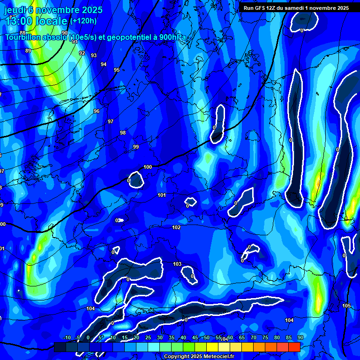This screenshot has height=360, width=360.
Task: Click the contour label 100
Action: point(148,167)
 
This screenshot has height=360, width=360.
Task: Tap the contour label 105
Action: point(346,306)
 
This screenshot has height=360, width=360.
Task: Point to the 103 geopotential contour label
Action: point(177,264)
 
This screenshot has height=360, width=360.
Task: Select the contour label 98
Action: point(123,133)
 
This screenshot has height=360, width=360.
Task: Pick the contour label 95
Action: point(117,70)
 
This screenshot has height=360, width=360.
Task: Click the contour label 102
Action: point(176,227)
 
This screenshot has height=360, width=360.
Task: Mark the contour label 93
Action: point(94,55)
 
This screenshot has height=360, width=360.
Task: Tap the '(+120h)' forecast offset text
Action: point(83,21)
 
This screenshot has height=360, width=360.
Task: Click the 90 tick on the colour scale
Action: point(300,337)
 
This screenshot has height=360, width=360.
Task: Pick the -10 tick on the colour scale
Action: point(67,337)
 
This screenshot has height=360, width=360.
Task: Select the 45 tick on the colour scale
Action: point(195,337)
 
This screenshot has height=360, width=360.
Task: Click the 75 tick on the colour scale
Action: point(265,337)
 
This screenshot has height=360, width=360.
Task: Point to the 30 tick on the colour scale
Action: point(159,337)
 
